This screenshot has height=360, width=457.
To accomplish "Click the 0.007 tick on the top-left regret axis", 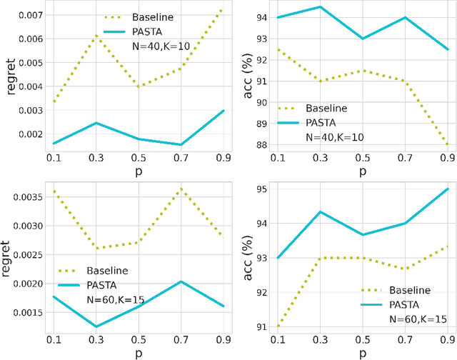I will (31, 14).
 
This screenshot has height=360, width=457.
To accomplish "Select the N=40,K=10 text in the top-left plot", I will (154, 46).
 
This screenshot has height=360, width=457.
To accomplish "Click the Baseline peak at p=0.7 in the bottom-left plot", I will (182, 189).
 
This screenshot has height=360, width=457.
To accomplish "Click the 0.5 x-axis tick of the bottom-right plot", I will (363, 340).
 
